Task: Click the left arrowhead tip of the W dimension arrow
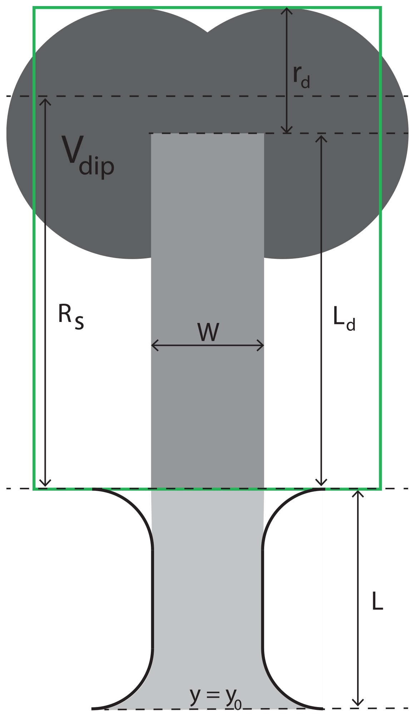151,345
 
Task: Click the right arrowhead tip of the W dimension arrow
264,345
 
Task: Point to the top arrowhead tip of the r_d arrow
286,7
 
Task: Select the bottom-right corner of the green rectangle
381,489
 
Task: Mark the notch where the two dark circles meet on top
207,32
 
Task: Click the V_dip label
88,156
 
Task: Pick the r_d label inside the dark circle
301,77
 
